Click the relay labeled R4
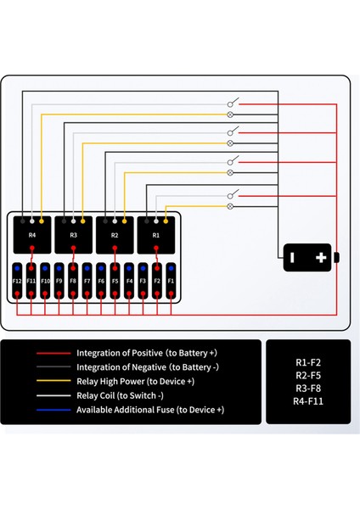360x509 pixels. pos(32,234)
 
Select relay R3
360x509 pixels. pos(73,234)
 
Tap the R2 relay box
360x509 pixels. pos(115,234)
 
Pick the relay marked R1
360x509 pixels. pos(156,234)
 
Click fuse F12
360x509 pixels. pos(17,280)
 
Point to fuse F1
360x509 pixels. pos(171,280)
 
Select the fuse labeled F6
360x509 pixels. pos(101,280)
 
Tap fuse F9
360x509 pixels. pos(59,280)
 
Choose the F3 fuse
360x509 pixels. pos(143,280)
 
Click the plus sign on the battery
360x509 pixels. pos(321,257)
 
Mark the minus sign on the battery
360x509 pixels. pos(291,257)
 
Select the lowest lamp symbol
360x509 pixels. pos(231,205)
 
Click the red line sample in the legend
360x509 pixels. pos(53,353)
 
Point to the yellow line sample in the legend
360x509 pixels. pos(53,382)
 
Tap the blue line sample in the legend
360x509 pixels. pos(53,410)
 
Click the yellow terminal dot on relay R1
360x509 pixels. pos(166,221)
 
